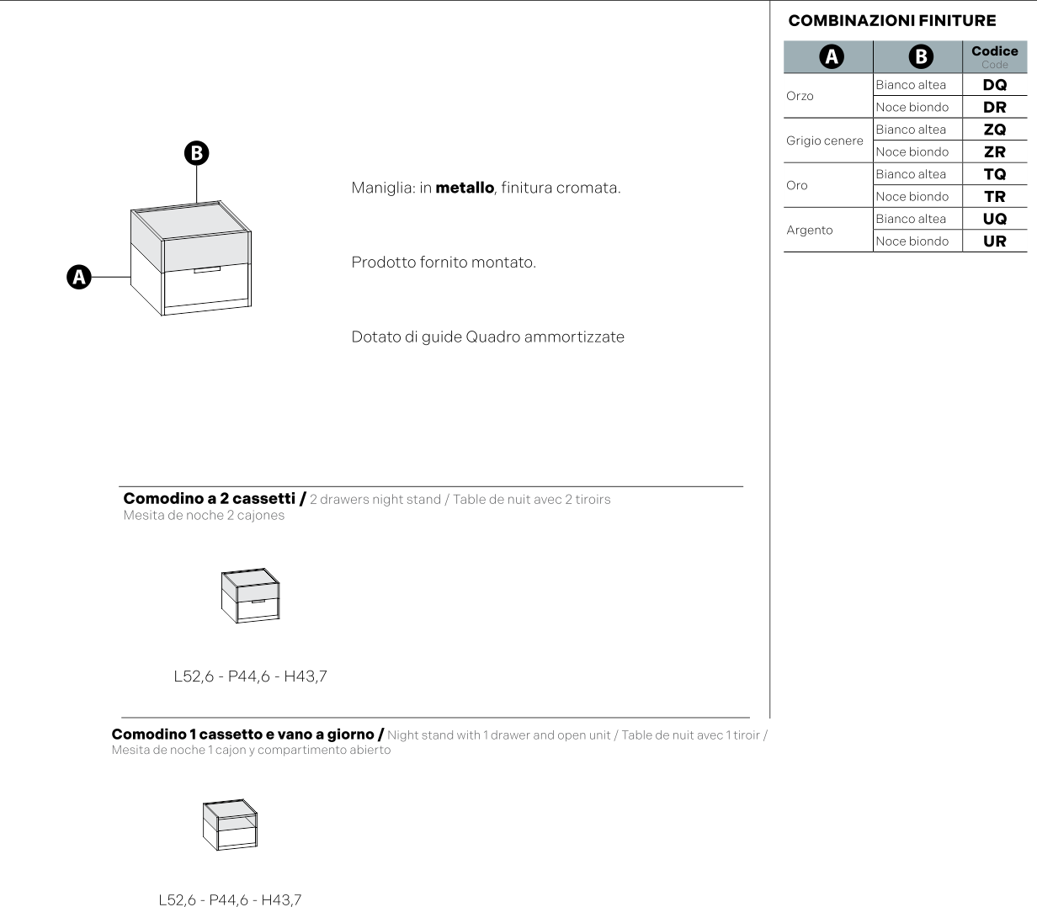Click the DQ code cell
994,85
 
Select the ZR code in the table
994,152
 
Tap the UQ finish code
994,219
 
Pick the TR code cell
994,197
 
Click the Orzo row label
800,96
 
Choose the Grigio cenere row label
824,141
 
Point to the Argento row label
809,231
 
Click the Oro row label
796,185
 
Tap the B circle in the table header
921,56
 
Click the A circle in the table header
831,56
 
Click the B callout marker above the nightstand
196,153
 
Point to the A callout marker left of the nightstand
79,277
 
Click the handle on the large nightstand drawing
206,271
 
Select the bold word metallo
464,188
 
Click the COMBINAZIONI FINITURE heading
891,21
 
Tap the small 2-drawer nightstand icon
250,597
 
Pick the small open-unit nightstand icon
230,825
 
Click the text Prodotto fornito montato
443,263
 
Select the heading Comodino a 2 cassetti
210,499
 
